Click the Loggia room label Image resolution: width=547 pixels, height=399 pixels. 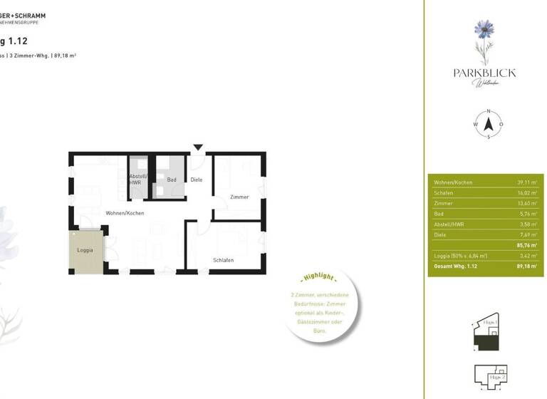(85, 250)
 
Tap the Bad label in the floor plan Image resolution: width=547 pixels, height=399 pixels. (172, 180)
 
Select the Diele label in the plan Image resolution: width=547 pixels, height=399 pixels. (197, 180)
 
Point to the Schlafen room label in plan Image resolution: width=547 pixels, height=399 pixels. (223, 260)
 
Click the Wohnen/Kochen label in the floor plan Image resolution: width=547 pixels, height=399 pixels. (125, 214)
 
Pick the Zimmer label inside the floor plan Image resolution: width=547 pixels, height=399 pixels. (239, 197)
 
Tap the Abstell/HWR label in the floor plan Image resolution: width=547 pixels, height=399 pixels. (136, 180)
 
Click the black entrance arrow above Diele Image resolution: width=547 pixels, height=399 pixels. (198, 147)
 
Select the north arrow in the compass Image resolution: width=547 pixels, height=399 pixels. (489, 123)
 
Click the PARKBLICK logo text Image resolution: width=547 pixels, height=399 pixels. (484, 73)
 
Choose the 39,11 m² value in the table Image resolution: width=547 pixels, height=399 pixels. (527, 182)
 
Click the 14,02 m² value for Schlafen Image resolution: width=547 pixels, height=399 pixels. (527, 193)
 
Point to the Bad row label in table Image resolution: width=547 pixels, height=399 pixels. (438, 213)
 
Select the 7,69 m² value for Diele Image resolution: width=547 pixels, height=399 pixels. (528, 234)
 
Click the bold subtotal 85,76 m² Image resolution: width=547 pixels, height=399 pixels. (526, 244)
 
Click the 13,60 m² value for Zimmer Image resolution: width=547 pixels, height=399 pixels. (527, 203)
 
